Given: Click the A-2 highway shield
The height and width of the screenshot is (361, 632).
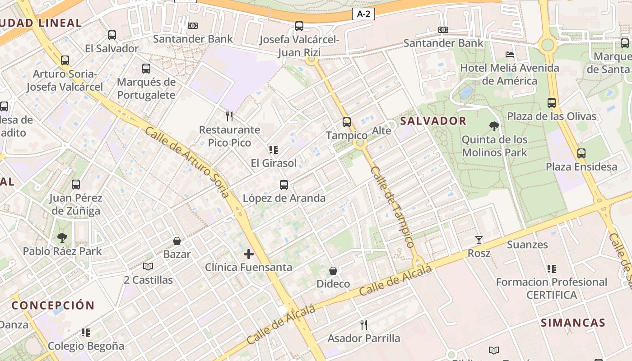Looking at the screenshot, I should (363, 14).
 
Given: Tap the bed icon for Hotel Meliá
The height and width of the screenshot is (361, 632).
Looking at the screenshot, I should (510, 55).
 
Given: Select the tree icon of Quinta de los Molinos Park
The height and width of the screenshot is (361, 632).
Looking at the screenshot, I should (494, 126).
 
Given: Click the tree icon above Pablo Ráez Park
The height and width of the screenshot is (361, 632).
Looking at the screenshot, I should (62, 238).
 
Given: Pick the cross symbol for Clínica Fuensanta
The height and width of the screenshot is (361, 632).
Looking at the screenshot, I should (249, 254).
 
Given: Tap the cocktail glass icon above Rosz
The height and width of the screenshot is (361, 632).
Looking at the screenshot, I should (479, 240).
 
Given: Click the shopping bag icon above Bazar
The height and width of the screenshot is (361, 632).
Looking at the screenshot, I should (177, 241).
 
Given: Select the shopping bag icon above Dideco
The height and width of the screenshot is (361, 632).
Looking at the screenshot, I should (333, 271).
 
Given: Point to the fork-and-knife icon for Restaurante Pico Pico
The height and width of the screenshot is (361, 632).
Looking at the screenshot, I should (229, 116).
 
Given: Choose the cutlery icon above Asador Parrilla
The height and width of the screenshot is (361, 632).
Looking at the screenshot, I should (364, 325).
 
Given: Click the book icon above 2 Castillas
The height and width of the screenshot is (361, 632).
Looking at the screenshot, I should (148, 267).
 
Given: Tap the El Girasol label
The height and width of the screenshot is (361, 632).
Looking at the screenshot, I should (274, 163).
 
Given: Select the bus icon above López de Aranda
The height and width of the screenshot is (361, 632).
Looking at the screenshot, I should (284, 185).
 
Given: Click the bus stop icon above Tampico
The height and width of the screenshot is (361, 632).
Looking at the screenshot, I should (347, 122).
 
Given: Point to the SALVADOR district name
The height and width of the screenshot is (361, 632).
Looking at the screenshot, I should (433, 121).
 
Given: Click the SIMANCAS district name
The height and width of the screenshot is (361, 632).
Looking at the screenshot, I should (573, 323).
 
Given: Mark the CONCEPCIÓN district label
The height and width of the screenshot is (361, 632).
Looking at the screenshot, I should (53, 305).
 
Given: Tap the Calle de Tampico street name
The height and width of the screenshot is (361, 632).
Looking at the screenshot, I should (392, 207).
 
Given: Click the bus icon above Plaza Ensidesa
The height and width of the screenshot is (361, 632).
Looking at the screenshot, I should (581, 153).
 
